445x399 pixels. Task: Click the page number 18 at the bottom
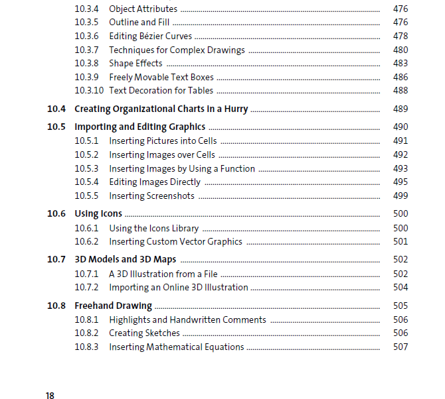click(x=50, y=396)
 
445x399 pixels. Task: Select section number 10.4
click(x=56, y=109)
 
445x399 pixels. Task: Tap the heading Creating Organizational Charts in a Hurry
click(x=161, y=109)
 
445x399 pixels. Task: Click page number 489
click(x=400, y=109)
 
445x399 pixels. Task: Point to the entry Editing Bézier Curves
click(x=151, y=36)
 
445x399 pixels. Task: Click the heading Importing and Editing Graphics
click(x=139, y=127)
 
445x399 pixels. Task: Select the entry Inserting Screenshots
click(x=152, y=196)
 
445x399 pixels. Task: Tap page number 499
click(x=400, y=196)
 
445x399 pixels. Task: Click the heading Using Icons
click(x=98, y=214)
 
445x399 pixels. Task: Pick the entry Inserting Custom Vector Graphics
click(x=175, y=242)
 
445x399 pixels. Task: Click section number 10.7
click(x=56, y=259)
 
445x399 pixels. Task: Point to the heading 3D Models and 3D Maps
click(x=126, y=259)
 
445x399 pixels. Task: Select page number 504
click(x=400, y=288)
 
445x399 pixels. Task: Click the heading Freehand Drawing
click(x=113, y=306)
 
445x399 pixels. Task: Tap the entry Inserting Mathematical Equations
click(x=177, y=347)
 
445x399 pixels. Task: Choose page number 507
click(x=400, y=347)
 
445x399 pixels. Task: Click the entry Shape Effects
click(x=135, y=64)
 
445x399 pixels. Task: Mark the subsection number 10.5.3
click(x=86, y=169)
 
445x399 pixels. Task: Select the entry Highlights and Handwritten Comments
click(x=187, y=320)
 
